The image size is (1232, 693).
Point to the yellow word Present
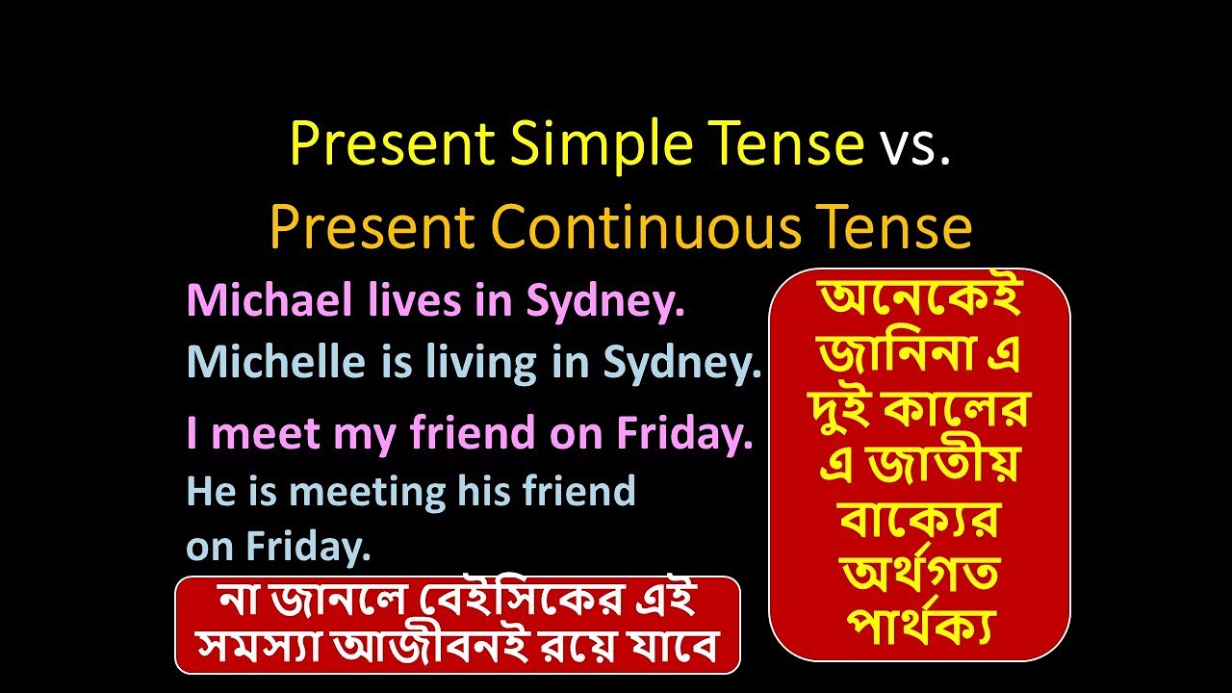392,144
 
